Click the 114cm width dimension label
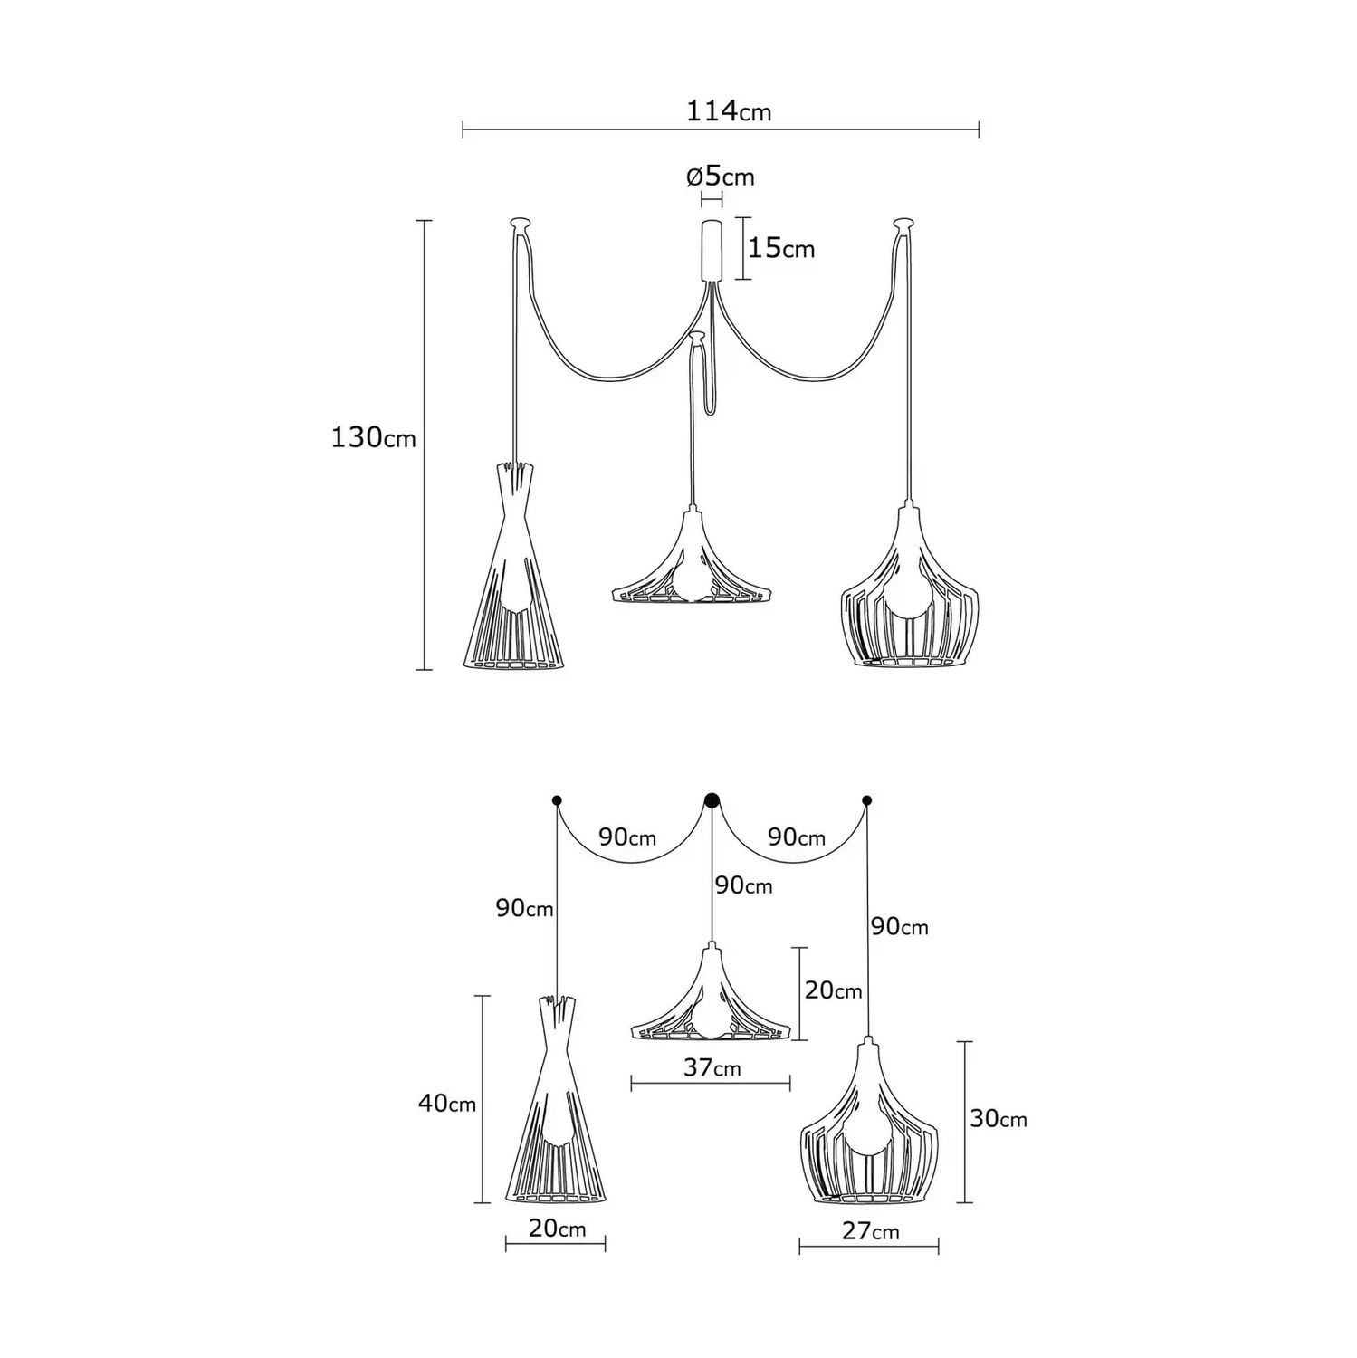[729, 111]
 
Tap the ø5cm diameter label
[720, 176]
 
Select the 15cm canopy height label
[781, 247]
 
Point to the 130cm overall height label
[373, 438]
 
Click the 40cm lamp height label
[447, 1104]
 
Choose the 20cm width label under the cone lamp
[557, 1228]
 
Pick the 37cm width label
[712, 1067]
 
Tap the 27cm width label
[870, 1230]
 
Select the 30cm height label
[999, 1119]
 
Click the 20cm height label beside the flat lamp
[833, 990]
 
